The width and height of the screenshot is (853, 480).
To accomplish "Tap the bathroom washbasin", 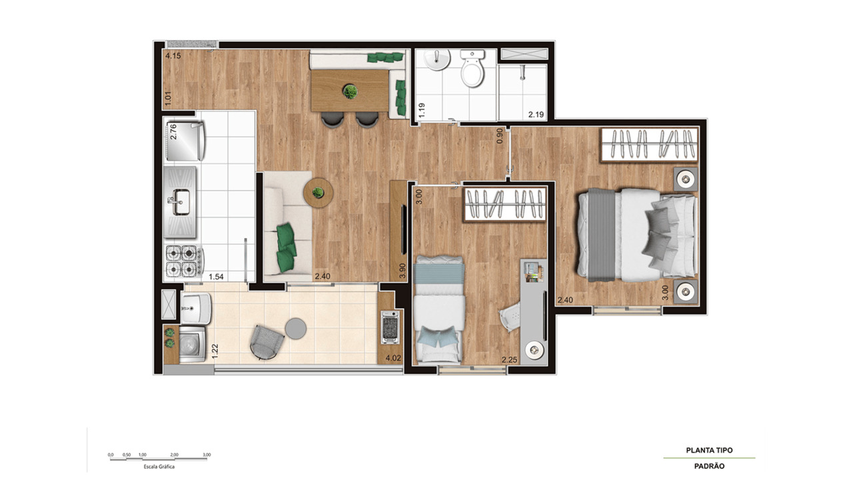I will coord(436,61).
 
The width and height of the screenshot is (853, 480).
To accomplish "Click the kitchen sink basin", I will coord(181,202).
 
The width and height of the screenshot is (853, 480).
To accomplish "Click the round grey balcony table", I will coord(295,327).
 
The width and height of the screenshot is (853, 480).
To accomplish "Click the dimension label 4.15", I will coord(173,56).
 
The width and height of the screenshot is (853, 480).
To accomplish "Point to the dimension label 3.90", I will coord(402,271).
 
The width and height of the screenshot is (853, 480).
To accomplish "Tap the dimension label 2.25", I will coord(510,360).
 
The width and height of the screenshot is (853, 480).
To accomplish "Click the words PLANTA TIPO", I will coord(709,451).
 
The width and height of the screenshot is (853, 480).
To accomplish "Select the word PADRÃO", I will coord(709,466).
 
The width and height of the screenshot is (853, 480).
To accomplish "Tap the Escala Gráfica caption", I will coord(159,467).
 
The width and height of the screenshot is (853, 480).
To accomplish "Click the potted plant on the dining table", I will coord(349,91).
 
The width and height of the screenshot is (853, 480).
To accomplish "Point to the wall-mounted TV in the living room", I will coord(404,230).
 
